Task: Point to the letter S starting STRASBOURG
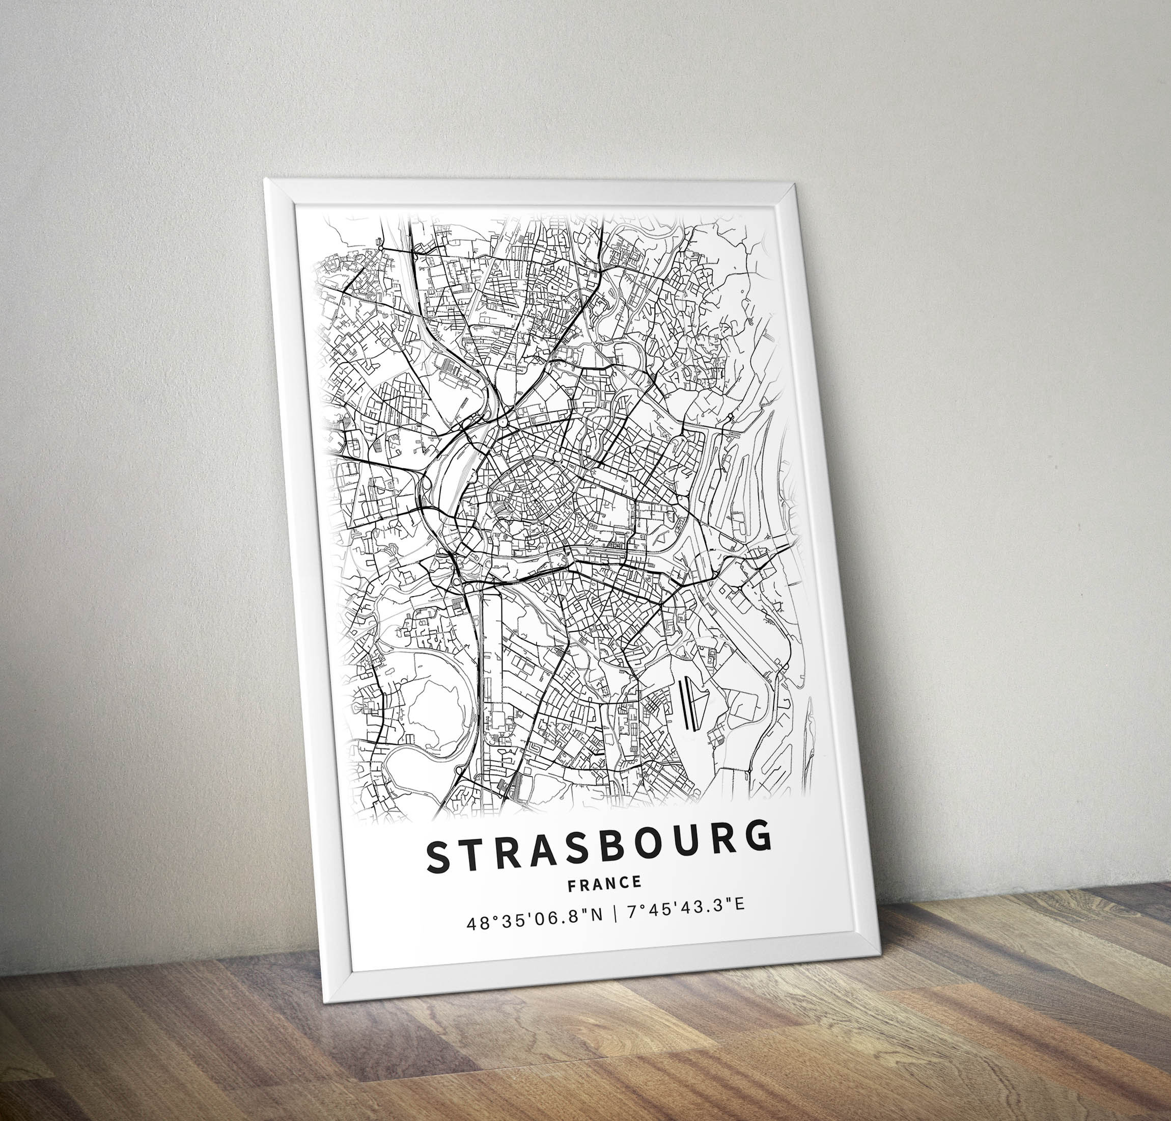[x=439, y=857]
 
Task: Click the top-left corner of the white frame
[x=266, y=180]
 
